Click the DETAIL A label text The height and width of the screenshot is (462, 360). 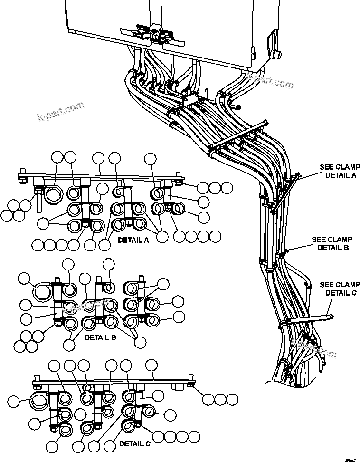click(133, 240)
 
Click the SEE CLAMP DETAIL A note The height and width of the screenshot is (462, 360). click(340, 171)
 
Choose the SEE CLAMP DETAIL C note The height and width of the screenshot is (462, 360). click(340, 289)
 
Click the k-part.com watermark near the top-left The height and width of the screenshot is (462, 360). click(60, 112)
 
